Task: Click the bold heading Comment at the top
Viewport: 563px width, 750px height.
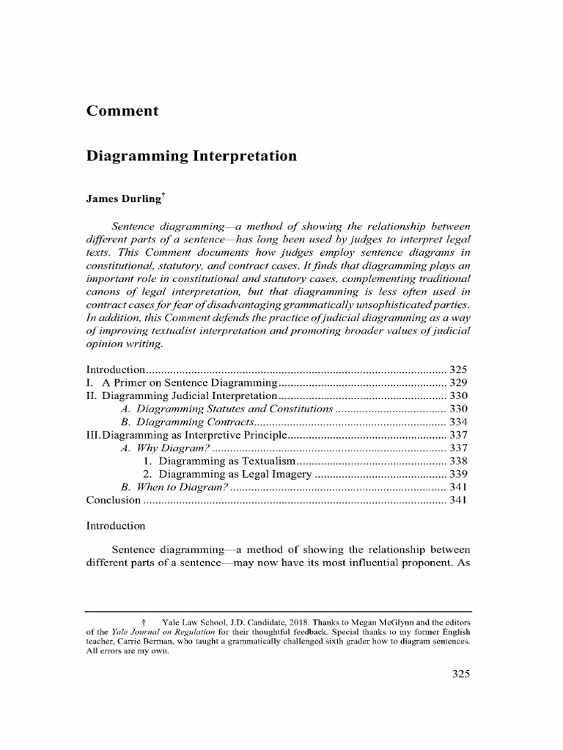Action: click(x=122, y=111)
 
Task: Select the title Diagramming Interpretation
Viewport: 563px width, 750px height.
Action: click(x=191, y=156)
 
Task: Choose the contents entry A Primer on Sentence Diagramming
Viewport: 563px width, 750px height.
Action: click(x=189, y=383)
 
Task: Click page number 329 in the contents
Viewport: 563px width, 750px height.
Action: click(x=458, y=383)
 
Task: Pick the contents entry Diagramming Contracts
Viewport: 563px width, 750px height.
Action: click(x=196, y=422)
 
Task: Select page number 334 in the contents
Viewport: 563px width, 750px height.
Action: click(x=458, y=422)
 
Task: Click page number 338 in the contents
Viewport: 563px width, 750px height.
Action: click(x=458, y=461)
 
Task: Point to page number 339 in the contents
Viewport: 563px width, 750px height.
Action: click(x=458, y=475)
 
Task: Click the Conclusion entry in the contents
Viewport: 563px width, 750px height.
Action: click(x=114, y=500)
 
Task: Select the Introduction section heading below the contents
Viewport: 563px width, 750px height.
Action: click(x=116, y=526)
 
